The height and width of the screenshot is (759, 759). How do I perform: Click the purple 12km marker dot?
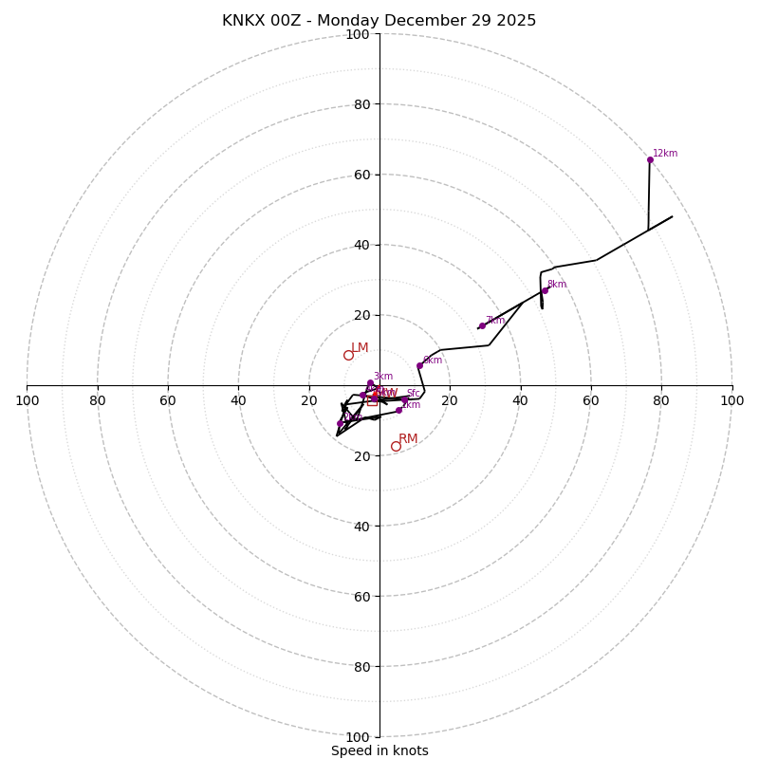coord(650,159)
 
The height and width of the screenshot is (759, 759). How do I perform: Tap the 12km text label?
coord(665,154)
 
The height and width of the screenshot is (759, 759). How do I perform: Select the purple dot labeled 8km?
coord(545,290)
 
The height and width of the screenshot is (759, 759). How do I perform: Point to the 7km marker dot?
coord(482,325)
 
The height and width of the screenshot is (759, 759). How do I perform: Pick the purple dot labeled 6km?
coord(419,365)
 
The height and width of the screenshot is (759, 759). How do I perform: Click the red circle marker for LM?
coord(348,355)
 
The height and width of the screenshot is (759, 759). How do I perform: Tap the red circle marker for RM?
coord(396,446)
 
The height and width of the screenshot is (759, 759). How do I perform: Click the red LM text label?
coord(360,348)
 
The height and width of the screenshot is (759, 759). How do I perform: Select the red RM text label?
coord(408,439)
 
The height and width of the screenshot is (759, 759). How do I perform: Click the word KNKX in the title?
coord(245,21)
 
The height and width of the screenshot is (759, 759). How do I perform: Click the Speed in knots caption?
coord(379,750)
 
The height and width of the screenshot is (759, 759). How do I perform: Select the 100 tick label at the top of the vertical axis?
coord(358,34)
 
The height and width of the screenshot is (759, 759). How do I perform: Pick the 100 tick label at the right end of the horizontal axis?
coord(732,400)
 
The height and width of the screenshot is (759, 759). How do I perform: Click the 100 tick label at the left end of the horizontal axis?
coord(27,400)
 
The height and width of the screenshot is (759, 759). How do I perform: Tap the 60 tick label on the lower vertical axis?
coord(361,596)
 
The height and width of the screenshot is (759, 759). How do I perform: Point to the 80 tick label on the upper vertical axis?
coord(361,104)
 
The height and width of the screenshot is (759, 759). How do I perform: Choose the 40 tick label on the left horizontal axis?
coord(238,400)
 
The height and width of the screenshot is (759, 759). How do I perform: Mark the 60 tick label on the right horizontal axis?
coord(591,400)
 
